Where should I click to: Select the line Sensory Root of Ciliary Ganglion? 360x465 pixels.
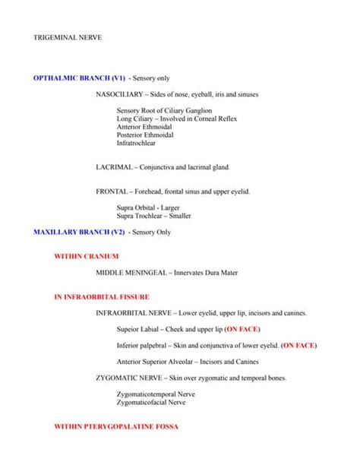coord(160,110)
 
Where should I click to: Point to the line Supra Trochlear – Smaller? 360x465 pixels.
coord(153,216)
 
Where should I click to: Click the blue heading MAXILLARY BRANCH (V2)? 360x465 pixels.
coord(80,230)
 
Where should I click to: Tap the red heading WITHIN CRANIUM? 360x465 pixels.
coord(87,257)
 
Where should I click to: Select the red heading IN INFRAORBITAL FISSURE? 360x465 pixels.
coord(102,296)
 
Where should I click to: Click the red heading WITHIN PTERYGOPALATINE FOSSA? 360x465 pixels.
coord(116,427)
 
